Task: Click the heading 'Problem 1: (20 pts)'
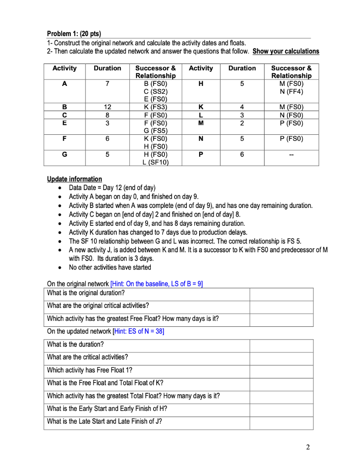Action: (x=74, y=34)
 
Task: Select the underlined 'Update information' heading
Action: (x=74, y=179)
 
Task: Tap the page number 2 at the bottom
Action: (x=308, y=447)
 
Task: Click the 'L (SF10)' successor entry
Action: (x=155, y=162)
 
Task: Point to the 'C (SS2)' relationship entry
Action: (x=155, y=91)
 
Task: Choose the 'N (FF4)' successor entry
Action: (x=291, y=91)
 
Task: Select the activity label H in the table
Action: (x=201, y=84)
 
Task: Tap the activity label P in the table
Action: (x=201, y=154)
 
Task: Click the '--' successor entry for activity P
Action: (x=291, y=154)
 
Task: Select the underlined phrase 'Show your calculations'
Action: (x=286, y=51)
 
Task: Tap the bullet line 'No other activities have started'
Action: (x=110, y=267)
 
